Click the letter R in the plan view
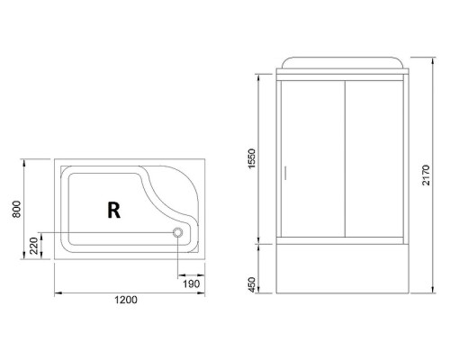point(113,210)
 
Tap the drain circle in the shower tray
point(178,232)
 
